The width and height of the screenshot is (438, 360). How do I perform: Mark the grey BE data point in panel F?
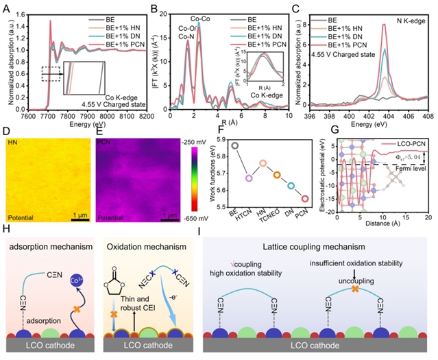(235, 145)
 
